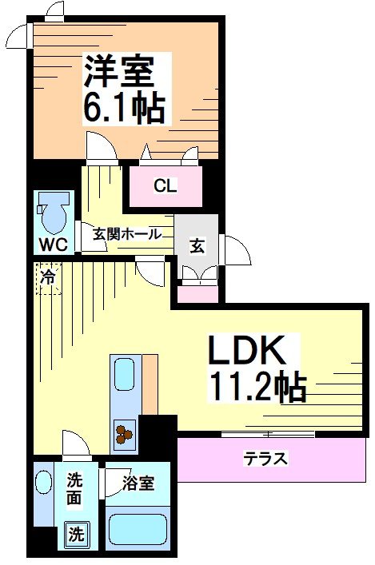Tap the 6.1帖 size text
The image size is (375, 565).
[x=124, y=108]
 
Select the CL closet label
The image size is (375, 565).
[x=166, y=187]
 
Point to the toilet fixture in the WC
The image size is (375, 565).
[x=54, y=212]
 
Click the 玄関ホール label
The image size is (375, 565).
[x=127, y=234]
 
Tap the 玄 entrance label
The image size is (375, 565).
[x=197, y=245]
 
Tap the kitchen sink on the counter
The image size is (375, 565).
[x=125, y=375]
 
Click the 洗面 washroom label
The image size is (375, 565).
[x=74, y=489]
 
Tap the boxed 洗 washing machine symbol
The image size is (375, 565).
[x=75, y=533]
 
